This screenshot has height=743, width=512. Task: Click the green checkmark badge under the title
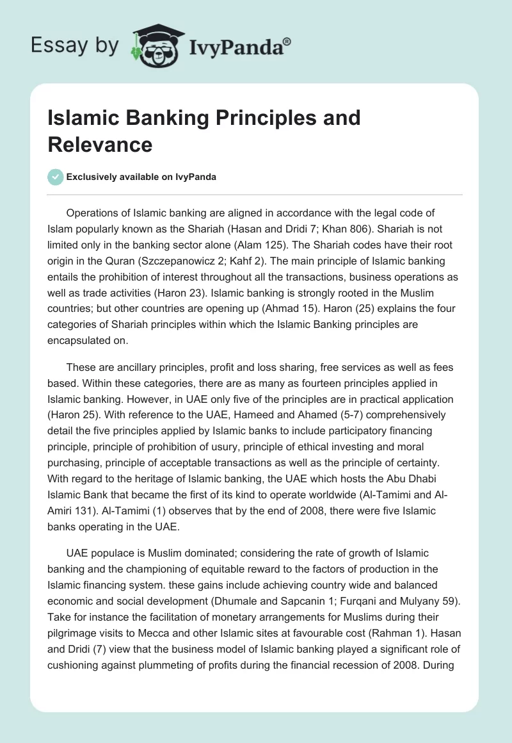pos(56,177)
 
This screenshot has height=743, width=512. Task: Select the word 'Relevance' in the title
pos(100,144)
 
